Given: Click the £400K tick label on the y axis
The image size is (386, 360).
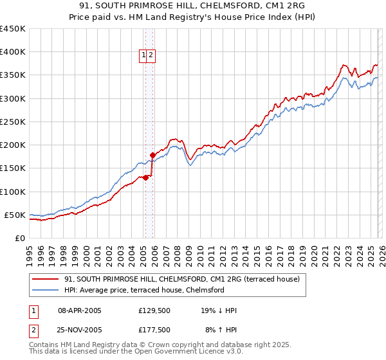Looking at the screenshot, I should tap(13, 52).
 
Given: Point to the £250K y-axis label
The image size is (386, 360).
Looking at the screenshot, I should tap(13, 122).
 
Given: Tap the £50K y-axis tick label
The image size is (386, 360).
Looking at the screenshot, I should tap(15, 215).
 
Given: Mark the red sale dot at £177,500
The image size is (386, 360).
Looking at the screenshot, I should tap(152, 155).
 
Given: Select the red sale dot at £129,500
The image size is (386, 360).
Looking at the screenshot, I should tap(145, 178).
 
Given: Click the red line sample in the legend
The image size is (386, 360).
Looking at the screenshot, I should tap(46, 279).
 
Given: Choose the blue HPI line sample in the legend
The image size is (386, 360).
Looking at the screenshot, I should tap(46, 290).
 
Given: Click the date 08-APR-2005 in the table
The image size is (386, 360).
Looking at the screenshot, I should tap(80, 310).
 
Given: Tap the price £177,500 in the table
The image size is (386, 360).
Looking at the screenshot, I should tap(155, 330).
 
